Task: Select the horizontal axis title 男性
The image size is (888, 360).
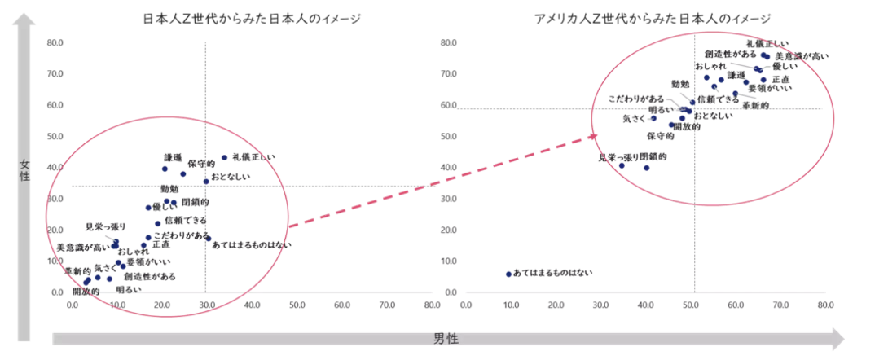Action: [445, 338]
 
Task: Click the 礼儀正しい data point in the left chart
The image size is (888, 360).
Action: [225, 158]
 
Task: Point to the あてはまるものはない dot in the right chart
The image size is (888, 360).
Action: [508, 274]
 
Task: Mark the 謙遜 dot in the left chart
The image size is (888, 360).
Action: [165, 169]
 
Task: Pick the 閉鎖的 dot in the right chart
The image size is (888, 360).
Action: [647, 168]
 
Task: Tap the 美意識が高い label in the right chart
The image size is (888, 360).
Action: [802, 56]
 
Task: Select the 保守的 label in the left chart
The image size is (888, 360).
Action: [201, 164]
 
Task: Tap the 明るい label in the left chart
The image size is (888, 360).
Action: [128, 289]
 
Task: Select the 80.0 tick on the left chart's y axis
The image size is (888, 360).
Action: [55, 42]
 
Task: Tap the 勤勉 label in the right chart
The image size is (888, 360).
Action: [681, 84]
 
